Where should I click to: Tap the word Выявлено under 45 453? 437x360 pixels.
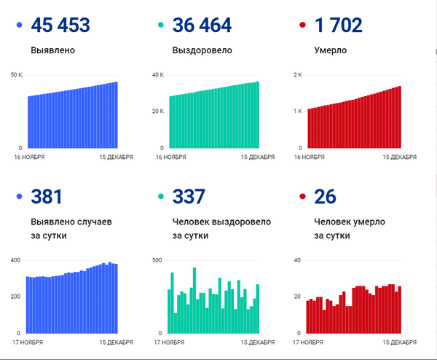coord(53,52)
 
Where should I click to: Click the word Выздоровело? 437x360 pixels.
coord(203,52)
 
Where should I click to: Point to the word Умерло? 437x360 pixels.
coord(331,52)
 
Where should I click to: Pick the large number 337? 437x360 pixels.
coord(189,197)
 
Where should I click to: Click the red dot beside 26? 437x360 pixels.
coord(302,197)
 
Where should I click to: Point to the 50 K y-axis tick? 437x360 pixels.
coord(17,75)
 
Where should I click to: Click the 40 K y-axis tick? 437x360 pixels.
coord(158,75)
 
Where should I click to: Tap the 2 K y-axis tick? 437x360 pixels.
coord(298,75)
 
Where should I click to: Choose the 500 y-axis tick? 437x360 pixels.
coord(159,260)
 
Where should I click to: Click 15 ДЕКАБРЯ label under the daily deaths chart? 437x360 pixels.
coord(398,342)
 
